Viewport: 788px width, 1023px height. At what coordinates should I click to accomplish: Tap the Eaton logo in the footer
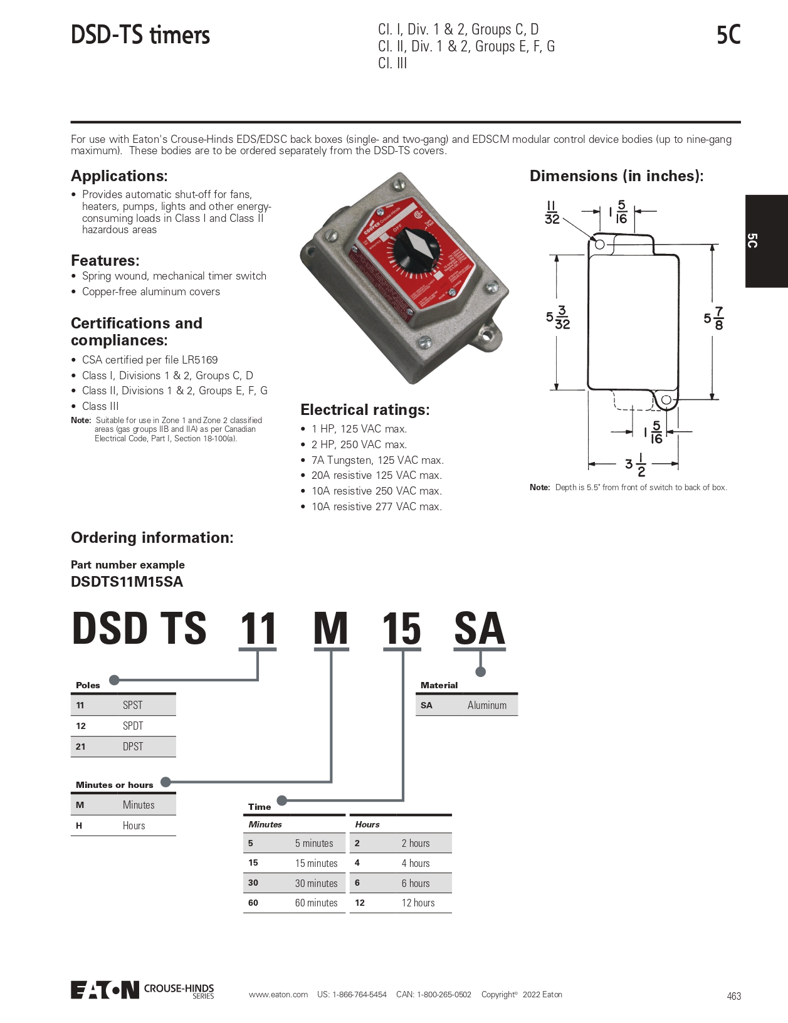pos(105,990)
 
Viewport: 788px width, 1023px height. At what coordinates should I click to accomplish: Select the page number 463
pos(733,996)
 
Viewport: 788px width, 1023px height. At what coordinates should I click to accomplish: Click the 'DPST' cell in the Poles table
pos(133,747)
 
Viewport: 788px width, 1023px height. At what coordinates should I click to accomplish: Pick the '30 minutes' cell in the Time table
pos(316,883)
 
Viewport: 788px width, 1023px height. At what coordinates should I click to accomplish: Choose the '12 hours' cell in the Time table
pos(418,903)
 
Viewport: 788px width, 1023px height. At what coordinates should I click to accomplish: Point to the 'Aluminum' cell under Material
pos(486,705)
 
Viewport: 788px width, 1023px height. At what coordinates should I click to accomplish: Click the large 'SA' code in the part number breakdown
pos(479,629)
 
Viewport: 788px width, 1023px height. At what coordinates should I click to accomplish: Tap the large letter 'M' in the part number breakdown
pos(330,629)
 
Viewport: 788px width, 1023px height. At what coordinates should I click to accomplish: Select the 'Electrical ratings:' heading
pos(365,410)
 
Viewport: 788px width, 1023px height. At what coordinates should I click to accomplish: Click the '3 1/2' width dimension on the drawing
pos(635,464)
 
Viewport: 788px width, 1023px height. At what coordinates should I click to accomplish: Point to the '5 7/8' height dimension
pos(713,318)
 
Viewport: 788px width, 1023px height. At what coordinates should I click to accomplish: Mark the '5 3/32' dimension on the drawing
pos(558,318)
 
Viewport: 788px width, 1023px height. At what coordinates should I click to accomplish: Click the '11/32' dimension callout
pos(552,212)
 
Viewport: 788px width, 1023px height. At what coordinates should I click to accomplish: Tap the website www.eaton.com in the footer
pos(278,995)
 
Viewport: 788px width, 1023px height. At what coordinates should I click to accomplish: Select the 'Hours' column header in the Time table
pos(367,824)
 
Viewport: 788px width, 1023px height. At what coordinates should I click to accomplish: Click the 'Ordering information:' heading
pos(152,538)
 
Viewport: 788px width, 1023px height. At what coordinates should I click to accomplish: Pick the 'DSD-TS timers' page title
pos(140,35)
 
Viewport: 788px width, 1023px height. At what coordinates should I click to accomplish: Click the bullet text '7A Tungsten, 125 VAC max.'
pos(377,460)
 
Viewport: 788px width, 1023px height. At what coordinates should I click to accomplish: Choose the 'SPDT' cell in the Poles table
pos(133,726)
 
